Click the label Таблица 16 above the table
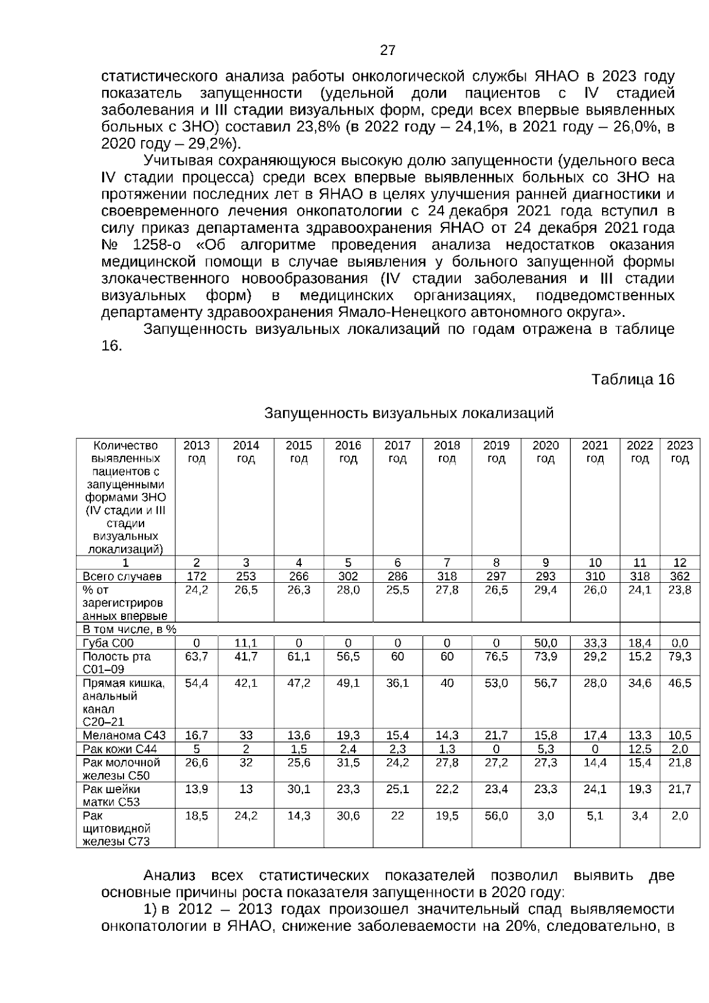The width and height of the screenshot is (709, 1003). [632, 379]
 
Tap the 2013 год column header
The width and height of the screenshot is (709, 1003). [196, 452]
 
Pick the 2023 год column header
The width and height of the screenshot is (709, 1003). [679, 452]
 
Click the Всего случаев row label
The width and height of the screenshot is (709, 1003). [122, 576]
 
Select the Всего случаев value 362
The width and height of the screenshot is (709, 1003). [679, 576]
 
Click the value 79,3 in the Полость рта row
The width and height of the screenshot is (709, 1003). [679, 656]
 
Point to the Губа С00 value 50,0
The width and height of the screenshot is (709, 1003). [545, 643]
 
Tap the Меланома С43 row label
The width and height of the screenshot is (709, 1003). [124, 736]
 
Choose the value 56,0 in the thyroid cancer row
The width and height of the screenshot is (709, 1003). [496, 816]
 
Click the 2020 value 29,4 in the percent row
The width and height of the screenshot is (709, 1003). [545, 590]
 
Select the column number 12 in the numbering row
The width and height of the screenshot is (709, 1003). [679, 563]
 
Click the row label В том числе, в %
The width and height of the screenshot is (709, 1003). [129, 629]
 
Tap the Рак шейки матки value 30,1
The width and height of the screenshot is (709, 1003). [298, 789]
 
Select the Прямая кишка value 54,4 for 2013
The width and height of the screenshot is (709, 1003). [196, 683]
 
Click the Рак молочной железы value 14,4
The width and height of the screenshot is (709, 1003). [595, 762]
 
